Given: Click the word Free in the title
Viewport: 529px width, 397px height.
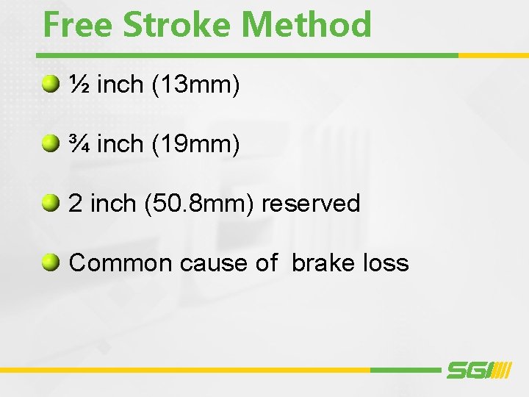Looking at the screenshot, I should point(77,24).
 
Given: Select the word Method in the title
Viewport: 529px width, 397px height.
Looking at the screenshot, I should point(307,24).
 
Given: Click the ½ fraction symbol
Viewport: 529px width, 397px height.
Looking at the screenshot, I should point(79,85).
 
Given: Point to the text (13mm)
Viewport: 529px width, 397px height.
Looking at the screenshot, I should point(195,85).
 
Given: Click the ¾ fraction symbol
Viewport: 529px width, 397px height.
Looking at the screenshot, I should point(79,144).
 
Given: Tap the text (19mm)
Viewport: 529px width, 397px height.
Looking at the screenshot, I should point(195,144).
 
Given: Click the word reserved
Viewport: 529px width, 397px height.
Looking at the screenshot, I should point(311,204).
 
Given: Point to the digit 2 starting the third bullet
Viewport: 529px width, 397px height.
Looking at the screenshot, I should point(75,204).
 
